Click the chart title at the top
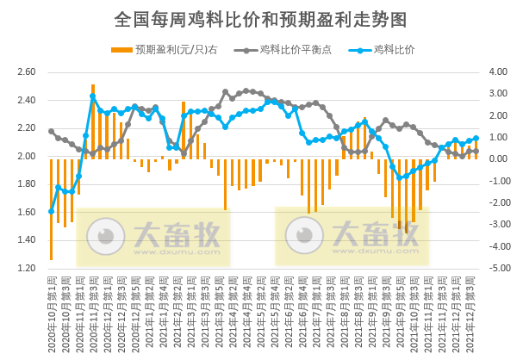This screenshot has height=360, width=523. point(260,19)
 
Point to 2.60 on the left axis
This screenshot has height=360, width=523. point(26,72)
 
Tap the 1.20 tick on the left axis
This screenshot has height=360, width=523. point(26,268)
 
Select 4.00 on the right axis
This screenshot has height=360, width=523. point(501,72)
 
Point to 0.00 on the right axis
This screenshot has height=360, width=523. point(501,159)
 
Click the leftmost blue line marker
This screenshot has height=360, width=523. point(51,211)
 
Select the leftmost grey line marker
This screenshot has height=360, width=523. point(51,131)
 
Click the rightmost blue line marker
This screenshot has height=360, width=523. point(476,138)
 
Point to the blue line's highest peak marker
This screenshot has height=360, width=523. point(92,96)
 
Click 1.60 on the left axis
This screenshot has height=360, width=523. point(26,213)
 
